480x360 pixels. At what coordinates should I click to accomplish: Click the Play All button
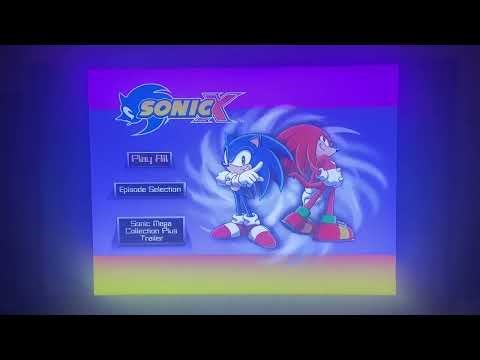pyautogui.click(x=148, y=157)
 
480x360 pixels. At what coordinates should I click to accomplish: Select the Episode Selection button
pyautogui.click(x=149, y=188)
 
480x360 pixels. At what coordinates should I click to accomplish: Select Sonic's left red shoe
pyautogui.click(x=227, y=232)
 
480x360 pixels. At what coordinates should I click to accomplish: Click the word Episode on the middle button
pyautogui.click(x=134, y=188)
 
